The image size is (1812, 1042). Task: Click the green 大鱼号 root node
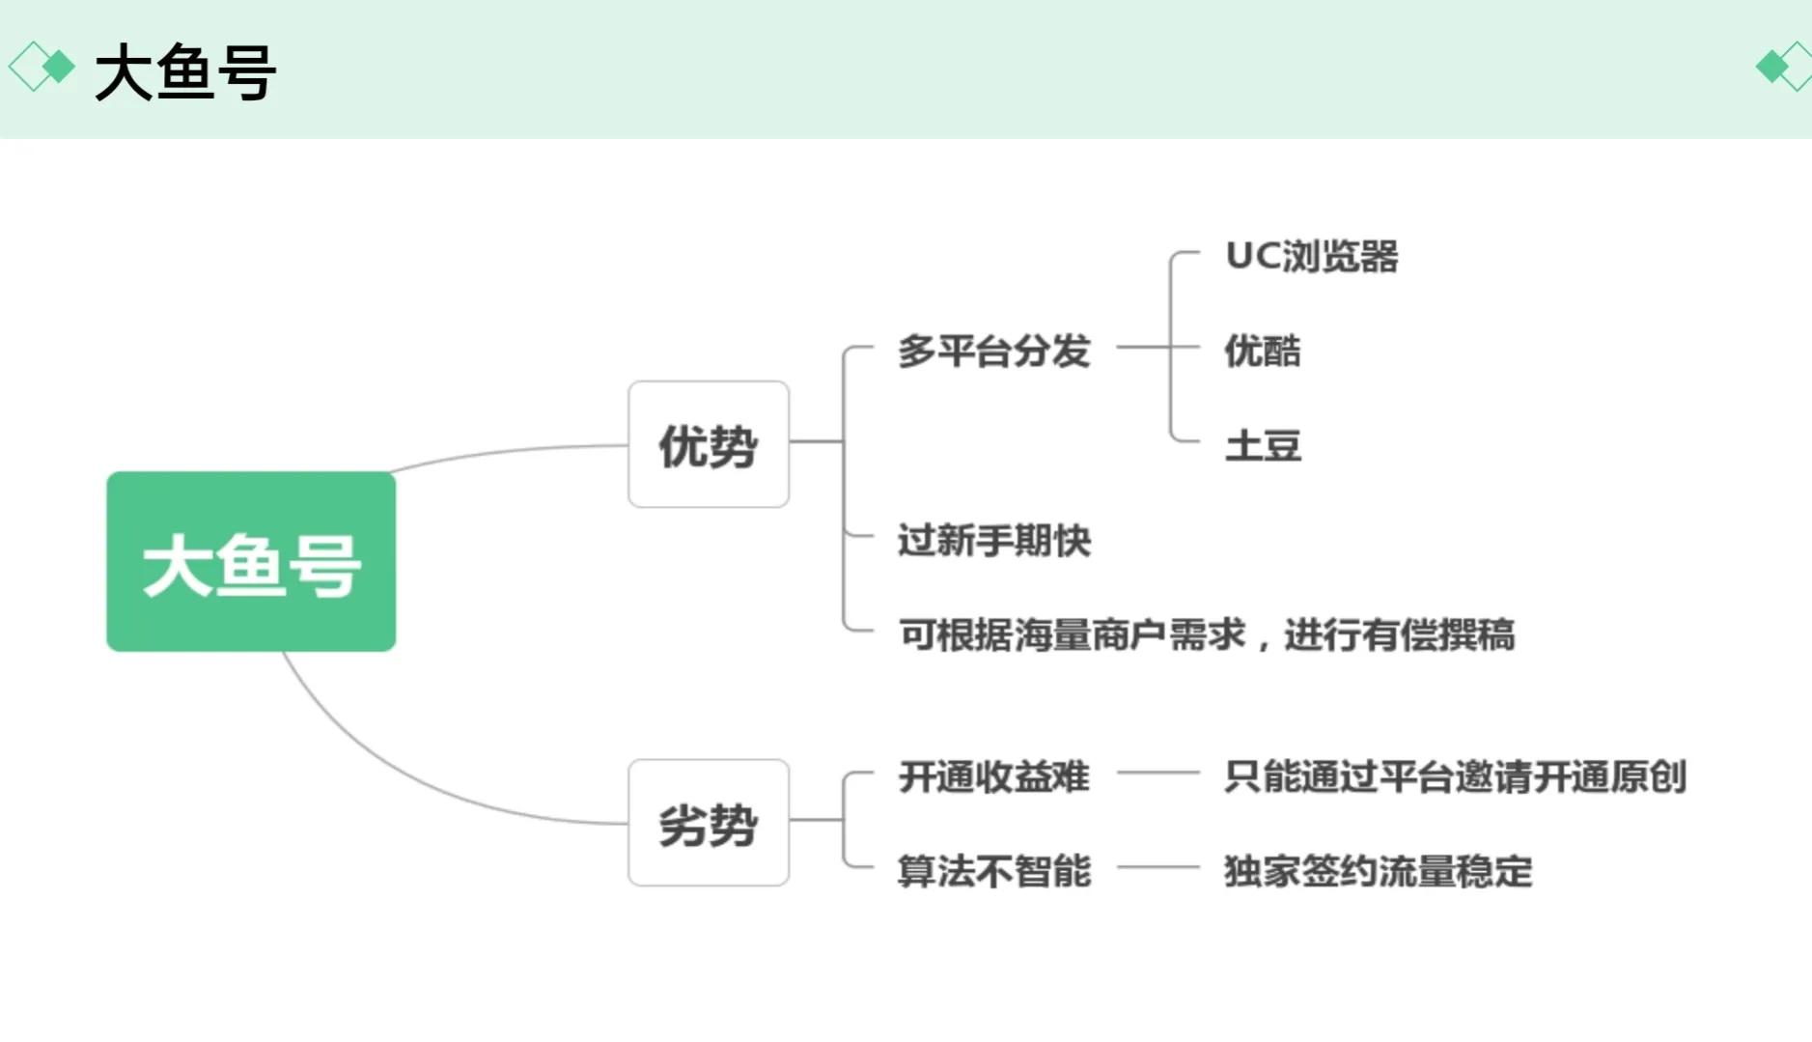[251, 561]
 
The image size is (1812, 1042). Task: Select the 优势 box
[708, 444]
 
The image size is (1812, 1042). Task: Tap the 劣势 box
[708, 823]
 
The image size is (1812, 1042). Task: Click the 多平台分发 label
[993, 350]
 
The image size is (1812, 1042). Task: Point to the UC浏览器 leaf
[1311, 256]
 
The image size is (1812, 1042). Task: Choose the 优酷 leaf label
[1262, 350]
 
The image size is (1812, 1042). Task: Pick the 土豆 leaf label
[1262, 445]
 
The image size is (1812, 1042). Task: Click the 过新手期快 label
[993, 540]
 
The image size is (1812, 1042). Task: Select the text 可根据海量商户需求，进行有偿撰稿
[1206, 634]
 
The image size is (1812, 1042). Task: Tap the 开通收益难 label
[993, 775]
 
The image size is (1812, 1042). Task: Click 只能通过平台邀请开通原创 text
[1454, 775]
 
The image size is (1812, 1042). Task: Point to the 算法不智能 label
[993, 870]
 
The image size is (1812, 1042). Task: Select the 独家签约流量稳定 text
[1378, 870]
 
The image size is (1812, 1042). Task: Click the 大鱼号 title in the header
[185, 71]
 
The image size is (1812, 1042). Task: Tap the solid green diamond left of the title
[59, 66]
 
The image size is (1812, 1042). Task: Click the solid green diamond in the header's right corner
[1771, 66]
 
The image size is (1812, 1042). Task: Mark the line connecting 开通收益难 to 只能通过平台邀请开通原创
[1157, 773]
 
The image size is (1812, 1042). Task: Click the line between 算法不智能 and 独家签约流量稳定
[1157, 867]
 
